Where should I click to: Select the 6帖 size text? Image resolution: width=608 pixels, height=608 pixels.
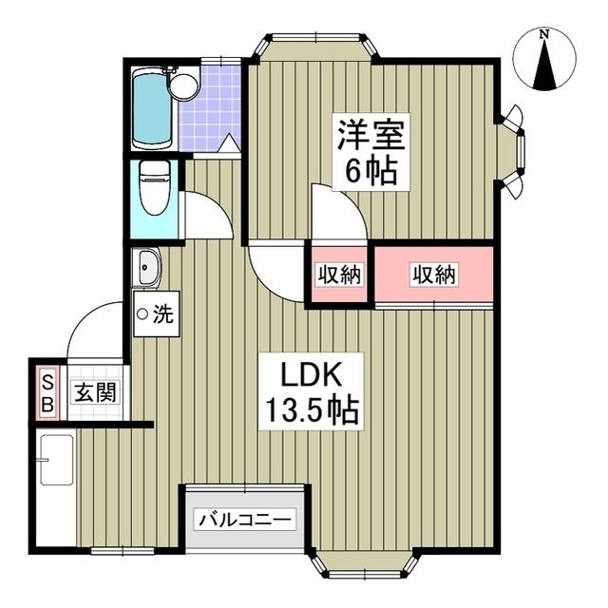(370, 173)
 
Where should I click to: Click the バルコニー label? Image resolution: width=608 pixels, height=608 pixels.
(246, 520)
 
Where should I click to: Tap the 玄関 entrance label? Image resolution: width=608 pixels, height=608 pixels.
(95, 391)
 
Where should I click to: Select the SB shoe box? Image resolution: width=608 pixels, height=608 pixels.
(47, 391)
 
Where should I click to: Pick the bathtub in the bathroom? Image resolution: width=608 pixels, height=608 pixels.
(149, 108)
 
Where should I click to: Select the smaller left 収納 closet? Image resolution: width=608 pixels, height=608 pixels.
(338, 275)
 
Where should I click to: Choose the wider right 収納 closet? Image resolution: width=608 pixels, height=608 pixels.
(434, 275)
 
